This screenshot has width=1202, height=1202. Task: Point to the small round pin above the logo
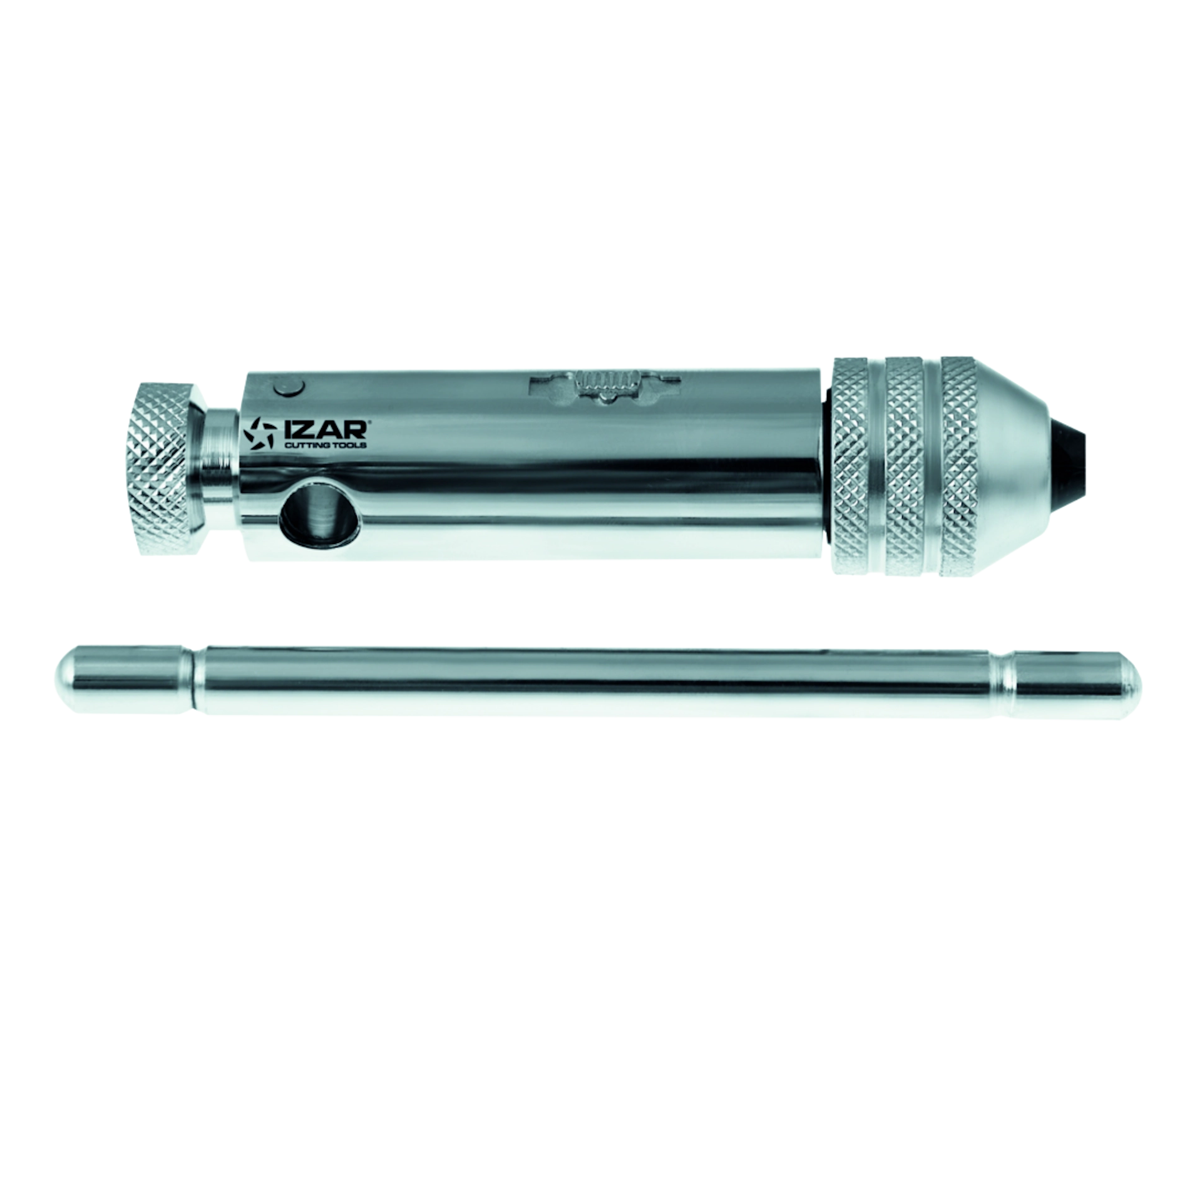coord(288,388)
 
